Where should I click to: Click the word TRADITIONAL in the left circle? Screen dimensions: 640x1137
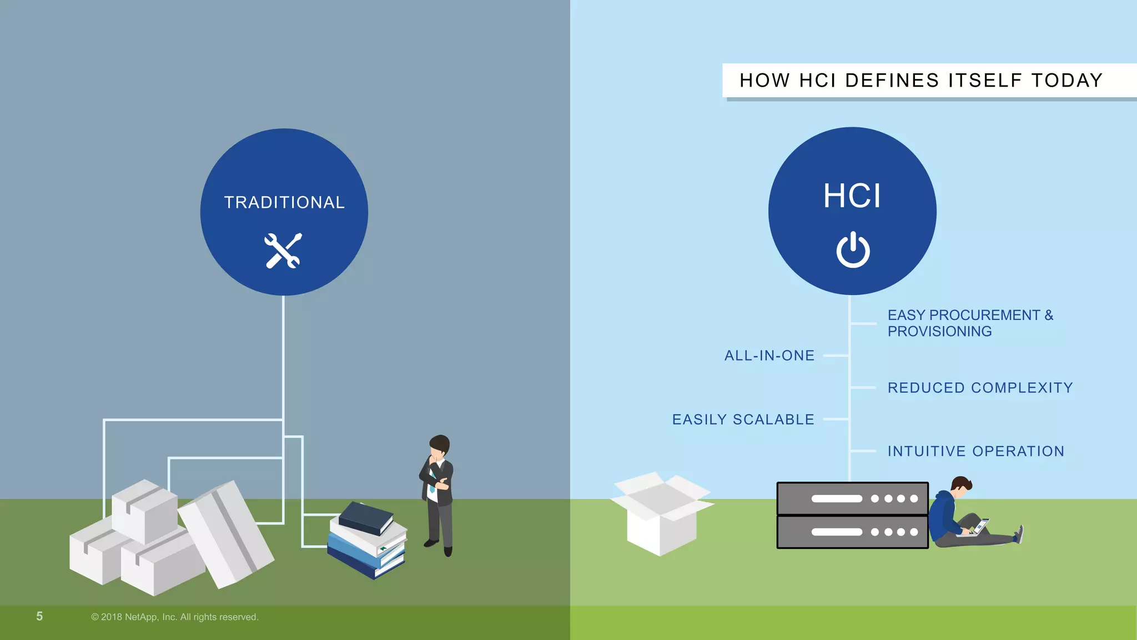point(284,202)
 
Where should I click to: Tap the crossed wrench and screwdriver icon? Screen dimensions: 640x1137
point(283,251)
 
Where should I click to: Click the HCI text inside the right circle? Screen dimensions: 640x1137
point(852,196)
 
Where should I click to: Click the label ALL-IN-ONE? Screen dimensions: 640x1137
point(769,356)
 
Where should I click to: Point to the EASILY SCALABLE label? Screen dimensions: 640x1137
point(743,419)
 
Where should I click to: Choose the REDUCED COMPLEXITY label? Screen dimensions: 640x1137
point(980,388)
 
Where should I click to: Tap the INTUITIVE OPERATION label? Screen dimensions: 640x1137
point(975,451)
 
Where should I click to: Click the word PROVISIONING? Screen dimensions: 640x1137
point(939,332)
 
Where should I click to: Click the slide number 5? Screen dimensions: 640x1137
point(39,616)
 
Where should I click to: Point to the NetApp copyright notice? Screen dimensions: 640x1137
point(174,617)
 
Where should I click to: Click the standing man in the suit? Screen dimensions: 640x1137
point(439,494)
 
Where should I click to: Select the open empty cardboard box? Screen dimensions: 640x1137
point(661,514)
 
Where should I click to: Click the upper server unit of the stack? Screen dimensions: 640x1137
point(852,498)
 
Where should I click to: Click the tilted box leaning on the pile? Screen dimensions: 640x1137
point(227,533)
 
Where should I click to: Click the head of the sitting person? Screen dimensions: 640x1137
point(962,484)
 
